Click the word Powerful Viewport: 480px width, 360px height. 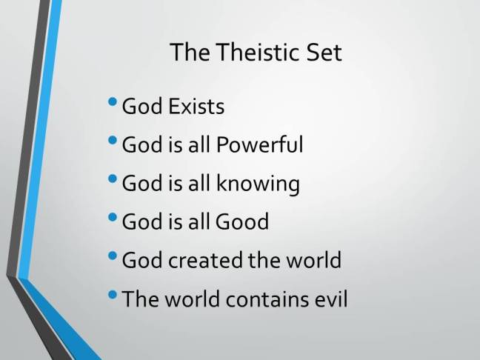[x=259, y=144]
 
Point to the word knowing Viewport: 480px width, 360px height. [x=260, y=184]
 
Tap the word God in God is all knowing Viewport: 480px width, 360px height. [x=140, y=183]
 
